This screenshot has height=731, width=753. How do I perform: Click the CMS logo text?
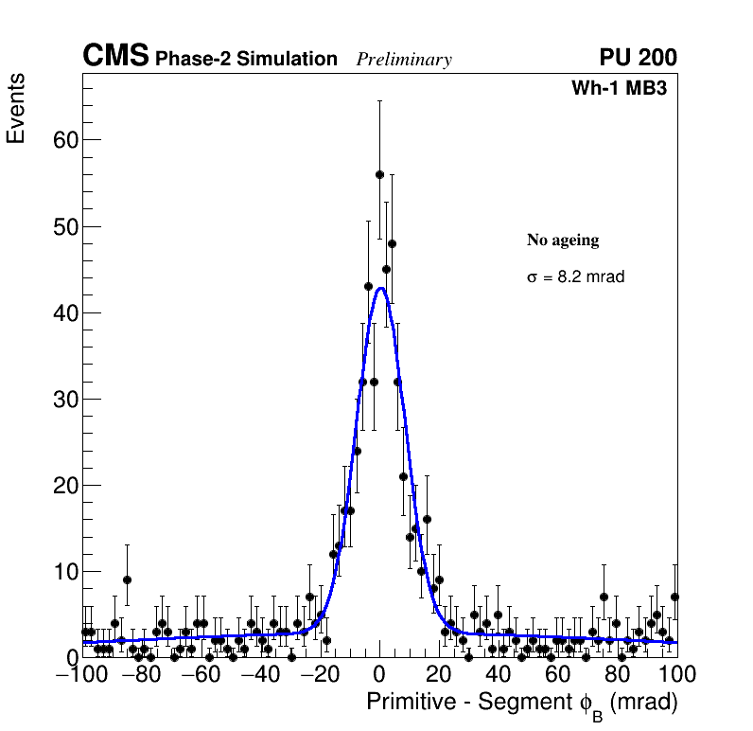coord(115,57)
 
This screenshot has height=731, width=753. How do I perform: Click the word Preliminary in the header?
coord(404,60)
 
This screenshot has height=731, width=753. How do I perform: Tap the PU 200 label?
coord(638,58)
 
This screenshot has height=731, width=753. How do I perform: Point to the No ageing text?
coord(563,241)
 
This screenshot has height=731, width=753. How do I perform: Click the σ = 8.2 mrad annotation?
coord(575,277)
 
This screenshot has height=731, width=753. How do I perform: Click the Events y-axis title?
coord(16,108)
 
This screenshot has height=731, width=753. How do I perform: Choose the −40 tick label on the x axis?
coord(259,675)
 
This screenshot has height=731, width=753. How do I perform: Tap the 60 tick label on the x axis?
coord(557,675)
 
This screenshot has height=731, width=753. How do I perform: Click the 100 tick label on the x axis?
coord(675,675)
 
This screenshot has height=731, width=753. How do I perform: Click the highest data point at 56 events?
coord(379,174)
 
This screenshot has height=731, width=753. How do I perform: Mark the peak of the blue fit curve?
coord(379,288)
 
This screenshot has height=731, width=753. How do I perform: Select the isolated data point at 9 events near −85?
coord(127,579)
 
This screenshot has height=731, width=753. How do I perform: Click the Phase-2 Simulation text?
coord(246,60)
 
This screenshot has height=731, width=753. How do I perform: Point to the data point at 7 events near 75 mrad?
coord(604,597)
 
